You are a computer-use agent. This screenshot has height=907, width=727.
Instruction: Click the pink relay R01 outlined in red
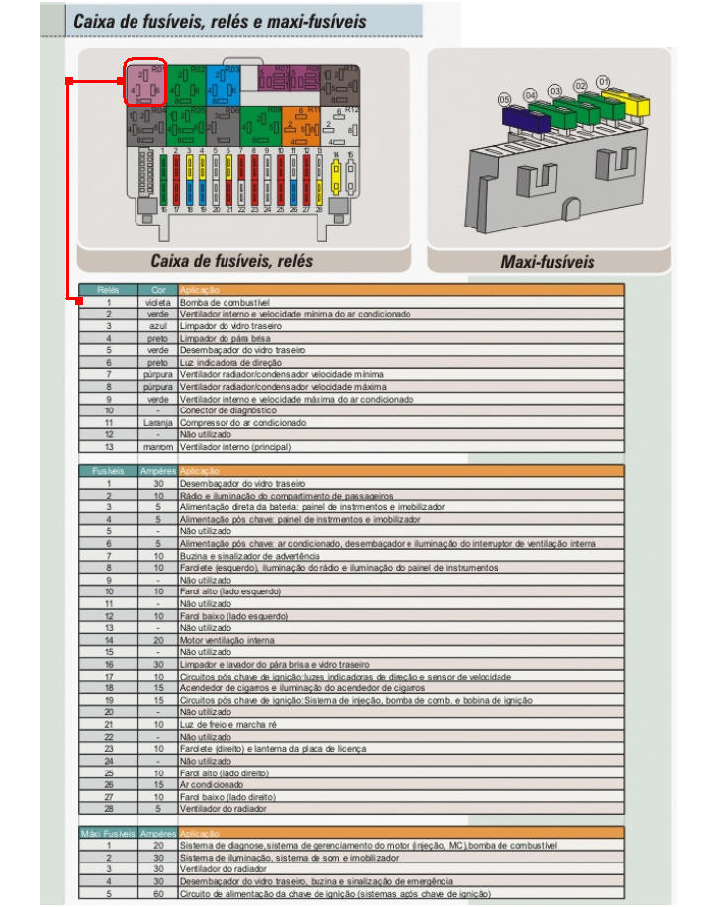144,83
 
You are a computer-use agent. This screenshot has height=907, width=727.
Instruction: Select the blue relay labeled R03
223,82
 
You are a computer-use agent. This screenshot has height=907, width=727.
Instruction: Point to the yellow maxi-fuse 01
621,99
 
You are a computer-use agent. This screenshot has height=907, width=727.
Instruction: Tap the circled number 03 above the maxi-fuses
555,91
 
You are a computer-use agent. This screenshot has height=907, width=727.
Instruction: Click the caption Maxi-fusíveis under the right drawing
548,262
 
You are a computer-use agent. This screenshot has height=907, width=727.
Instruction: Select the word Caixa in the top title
97,21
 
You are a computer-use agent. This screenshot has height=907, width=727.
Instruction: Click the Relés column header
108,290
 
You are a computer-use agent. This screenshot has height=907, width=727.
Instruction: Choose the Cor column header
158,290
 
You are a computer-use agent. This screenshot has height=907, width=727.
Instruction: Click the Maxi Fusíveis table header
108,834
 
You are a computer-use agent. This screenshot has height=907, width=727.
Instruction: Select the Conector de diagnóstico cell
220,409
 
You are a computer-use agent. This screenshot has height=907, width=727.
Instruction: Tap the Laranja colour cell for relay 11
158,421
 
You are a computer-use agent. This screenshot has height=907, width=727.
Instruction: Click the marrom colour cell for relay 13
158,446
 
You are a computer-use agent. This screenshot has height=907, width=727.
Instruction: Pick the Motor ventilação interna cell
224,640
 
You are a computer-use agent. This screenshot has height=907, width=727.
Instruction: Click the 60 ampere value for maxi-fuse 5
158,893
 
